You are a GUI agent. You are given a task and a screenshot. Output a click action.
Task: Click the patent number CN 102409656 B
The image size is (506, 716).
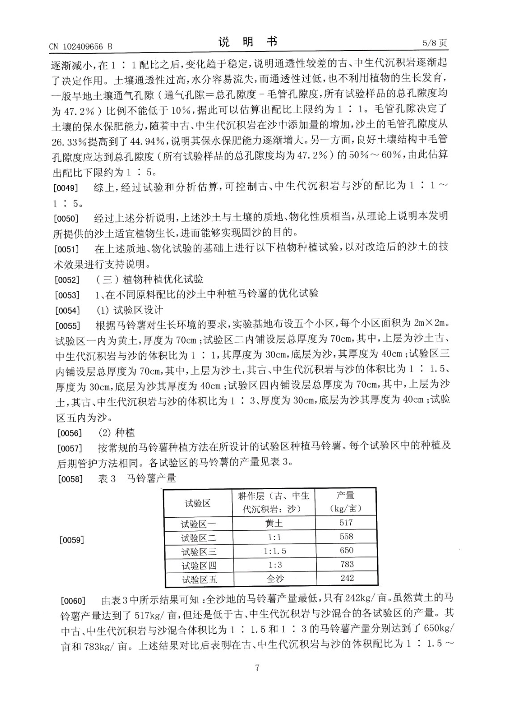click(81, 46)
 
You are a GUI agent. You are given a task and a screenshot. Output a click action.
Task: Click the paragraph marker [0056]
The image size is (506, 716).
click(71, 433)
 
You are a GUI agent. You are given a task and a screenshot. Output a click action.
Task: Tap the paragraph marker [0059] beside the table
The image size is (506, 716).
click(71, 540)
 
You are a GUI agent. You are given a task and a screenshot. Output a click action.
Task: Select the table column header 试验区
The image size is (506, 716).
click(198, 503)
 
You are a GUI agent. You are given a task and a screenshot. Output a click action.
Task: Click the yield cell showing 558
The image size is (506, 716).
click(346, 537)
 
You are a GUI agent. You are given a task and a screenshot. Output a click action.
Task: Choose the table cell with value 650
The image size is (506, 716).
click(346, 550)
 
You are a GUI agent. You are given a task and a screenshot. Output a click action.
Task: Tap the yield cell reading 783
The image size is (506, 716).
click(346, 564)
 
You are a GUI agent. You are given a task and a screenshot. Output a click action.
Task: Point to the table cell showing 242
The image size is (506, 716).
click(347, 578)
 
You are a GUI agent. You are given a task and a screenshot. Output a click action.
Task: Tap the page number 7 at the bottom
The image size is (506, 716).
click(257, 668)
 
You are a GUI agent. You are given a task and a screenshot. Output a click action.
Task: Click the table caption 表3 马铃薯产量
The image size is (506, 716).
click(136, 478)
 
